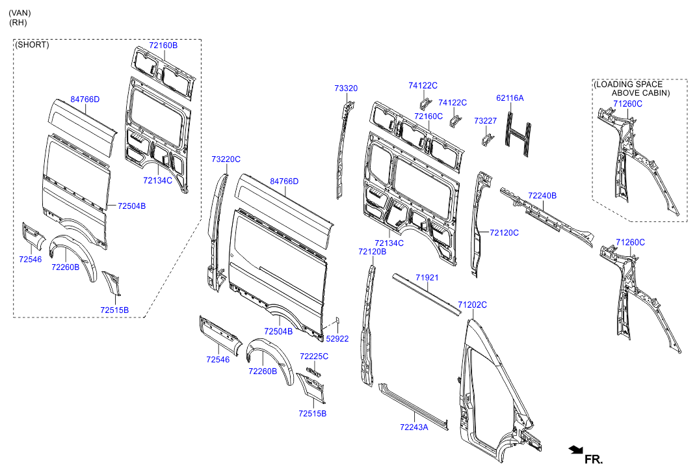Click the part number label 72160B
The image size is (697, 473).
tap(163, 46)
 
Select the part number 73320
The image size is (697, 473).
tap(346, 88)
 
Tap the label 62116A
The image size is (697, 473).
tap(510, 98)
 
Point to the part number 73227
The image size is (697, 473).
tap(485, 121)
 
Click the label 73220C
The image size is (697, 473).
tap(226, 159)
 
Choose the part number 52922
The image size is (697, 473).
tap(337, 338)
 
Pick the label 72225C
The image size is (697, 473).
tap(314, 357)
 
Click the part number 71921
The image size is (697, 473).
tap(427, 278)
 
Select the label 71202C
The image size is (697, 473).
tap(472, 304)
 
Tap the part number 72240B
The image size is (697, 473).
tap(542, 195)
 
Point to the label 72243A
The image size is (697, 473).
tap(414, 427)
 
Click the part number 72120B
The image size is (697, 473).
tap(372, 251)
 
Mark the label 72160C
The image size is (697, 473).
tap(428, 116)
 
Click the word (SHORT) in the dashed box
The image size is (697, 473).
tap(32, 45)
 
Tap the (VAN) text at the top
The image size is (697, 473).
tap(20, 13)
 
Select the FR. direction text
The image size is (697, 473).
tap(594, 459)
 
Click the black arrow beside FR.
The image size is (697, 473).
tap(575, 450)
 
